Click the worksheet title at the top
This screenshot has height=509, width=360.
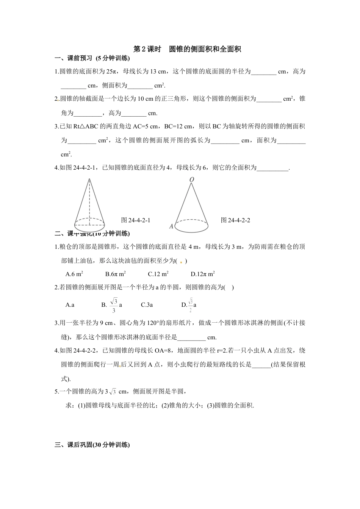pos(188,49)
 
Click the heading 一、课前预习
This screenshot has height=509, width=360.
pos(92,58)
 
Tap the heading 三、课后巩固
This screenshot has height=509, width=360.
pos(92,445)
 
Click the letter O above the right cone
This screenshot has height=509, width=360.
pos(192,179)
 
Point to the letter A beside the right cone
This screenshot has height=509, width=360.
pos(171,226)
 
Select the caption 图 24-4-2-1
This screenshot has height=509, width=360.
pos(135,220)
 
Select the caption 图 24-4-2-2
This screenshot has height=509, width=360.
pos(235,220)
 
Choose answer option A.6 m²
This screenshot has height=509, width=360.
pos(74,274)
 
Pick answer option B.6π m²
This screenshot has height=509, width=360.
pos(116,274)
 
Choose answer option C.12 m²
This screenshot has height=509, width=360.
pos(158,274)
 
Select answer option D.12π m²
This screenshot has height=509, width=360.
pos(203,274)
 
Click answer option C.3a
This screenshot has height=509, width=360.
pos(147,304)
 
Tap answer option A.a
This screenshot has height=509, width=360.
pos(70,304)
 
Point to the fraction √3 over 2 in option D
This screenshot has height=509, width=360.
pos(191,304)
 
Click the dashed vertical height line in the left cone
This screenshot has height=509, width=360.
pos(89,201)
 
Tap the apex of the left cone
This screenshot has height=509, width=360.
pos(89,179)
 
